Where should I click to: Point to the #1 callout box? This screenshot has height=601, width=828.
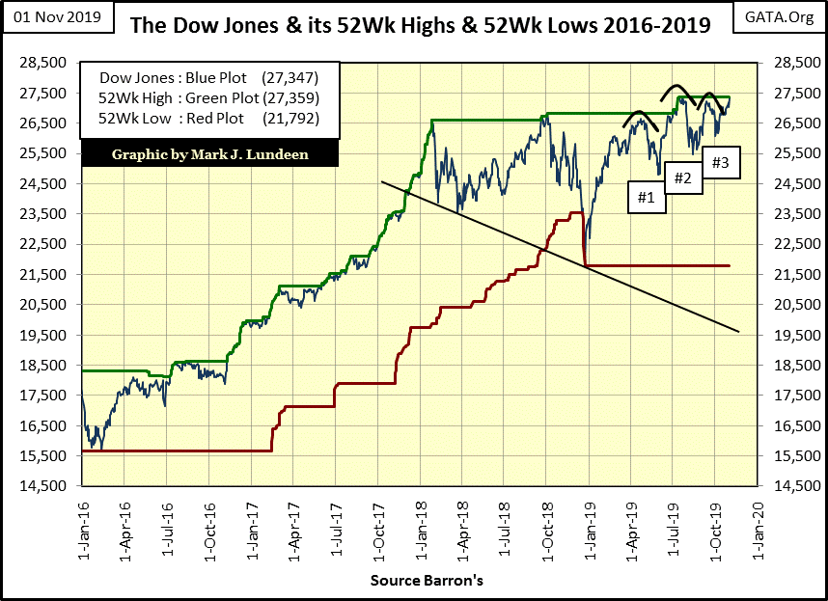click(646, 198)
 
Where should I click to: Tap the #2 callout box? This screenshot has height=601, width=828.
click(682, 178)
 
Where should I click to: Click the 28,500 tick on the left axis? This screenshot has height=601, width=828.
click(41, 63)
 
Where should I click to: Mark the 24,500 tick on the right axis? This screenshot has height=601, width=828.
click(787, 183)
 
